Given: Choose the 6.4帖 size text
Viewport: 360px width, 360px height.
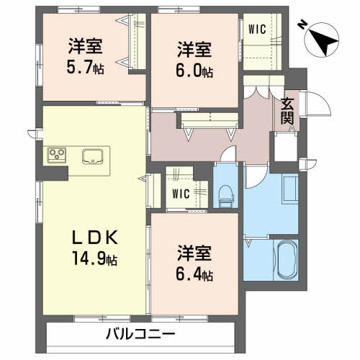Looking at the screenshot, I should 196,274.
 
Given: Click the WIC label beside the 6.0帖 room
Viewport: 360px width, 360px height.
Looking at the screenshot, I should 257,30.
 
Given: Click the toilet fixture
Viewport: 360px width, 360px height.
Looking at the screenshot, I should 226,191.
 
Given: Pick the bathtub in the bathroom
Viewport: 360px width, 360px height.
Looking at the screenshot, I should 286,261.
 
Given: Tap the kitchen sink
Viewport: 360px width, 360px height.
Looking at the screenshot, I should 94,156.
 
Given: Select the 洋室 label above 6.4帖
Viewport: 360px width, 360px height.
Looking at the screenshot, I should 196,253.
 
